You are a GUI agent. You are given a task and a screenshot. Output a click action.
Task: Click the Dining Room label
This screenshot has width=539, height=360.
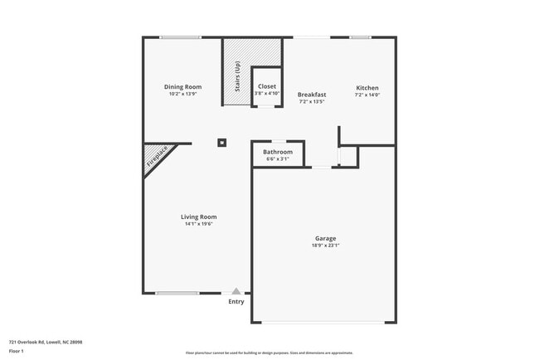coord(182,86)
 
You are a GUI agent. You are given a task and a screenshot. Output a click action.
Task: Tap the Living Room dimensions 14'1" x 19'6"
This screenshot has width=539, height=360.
coord(198,224)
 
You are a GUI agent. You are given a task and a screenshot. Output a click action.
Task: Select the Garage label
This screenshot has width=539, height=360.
coord(325,238)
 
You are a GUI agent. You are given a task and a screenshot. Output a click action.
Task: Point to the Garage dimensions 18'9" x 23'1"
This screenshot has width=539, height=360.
coord(325,246)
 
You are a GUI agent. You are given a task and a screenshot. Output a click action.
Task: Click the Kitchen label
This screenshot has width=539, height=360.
coord(367,88)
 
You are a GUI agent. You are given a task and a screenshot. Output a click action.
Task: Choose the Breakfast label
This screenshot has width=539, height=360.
coord(312,95)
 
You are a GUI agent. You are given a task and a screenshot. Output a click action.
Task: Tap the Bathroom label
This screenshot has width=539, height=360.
coord(278,152)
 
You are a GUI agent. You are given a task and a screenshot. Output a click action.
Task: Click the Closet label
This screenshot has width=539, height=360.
coord(267,86)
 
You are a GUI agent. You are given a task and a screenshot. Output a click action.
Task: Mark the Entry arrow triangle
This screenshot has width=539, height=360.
coord(236,291)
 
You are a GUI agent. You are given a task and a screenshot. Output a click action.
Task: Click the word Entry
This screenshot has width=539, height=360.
coord(236,301)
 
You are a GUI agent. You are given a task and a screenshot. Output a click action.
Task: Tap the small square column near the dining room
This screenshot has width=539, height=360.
coord(222,143)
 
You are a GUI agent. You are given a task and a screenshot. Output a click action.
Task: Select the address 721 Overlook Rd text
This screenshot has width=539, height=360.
coord(46,341)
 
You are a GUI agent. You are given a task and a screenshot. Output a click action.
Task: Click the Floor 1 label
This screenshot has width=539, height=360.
coord(17,352)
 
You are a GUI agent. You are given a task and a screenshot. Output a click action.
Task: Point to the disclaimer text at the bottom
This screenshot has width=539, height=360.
coord(269,353)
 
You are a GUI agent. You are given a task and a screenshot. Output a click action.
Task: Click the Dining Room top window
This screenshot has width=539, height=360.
coord(180,37)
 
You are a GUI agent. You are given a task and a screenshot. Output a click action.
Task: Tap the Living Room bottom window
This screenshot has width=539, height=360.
coord(177,293)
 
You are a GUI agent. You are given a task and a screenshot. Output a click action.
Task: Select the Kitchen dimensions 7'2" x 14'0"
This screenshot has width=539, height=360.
coord(367,95)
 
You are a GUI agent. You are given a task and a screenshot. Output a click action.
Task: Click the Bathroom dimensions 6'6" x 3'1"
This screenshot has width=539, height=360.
coord(278,159)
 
